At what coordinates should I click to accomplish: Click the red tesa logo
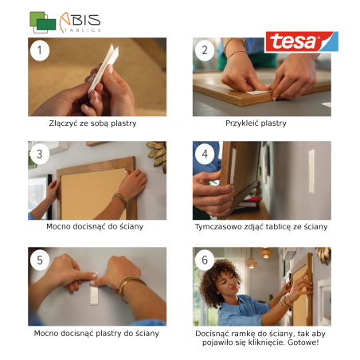302,41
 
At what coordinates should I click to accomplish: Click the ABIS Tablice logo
65,22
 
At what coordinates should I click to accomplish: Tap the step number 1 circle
40,50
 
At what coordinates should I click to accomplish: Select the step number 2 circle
205,50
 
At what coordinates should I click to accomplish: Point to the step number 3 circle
40,154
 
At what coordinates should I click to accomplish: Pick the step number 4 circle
205,154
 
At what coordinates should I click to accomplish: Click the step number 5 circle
40,260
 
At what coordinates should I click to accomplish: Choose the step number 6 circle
205,260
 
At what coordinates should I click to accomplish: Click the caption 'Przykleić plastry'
256,123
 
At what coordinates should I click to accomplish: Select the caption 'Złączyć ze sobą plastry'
92,123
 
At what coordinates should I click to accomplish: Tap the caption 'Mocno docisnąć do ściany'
95,227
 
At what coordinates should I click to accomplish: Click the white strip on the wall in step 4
311,171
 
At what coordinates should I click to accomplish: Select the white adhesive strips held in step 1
104,68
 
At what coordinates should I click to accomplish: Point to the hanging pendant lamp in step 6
251,263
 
